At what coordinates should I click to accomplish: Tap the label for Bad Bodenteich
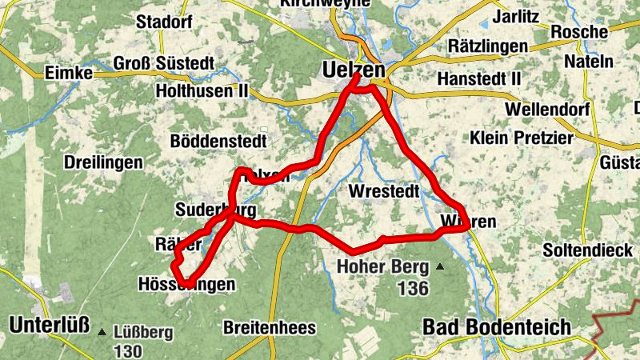coord(497,326)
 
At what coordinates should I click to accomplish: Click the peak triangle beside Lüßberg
coord(102,331)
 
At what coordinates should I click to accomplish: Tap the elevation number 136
coord(413,288)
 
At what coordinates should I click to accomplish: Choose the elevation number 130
coord(128,351)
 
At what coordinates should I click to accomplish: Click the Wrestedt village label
coord(384,192)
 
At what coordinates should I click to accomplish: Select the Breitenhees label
coord(270,328)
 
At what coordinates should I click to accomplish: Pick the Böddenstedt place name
coord(218,141)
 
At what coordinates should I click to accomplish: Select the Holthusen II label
coord(202,92)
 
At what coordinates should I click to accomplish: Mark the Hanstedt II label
coord(479,79)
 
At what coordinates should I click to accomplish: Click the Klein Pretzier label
coord(522,138)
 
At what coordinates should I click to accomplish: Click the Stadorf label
coord(164,21)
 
